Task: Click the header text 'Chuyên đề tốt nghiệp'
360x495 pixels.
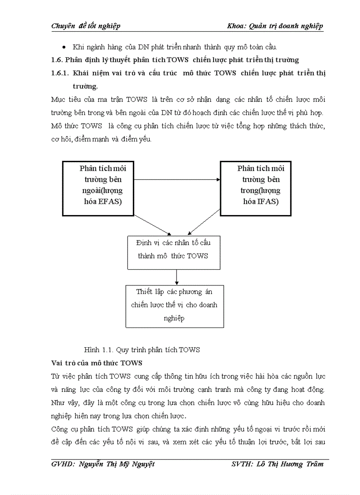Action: pyautogui.click(x=86, y=26)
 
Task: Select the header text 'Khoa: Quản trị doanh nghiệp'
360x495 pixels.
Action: pyautogui.click(x=275, y=26)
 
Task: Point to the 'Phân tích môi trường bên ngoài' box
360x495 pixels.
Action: pyautogui.click(x=98, y=188)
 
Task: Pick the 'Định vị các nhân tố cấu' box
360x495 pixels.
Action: pyautogui.click(x=174, y=252)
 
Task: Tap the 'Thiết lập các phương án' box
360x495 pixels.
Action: pyautogui.click(x=174, y=306)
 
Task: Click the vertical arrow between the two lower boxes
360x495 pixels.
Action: pyautogui.click(x=176, y=277)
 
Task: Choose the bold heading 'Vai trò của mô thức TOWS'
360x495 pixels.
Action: pyautogui.click(x=97, y=363)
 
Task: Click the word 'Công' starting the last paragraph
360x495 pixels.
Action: pyautogui.click(x=60, y=429)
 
